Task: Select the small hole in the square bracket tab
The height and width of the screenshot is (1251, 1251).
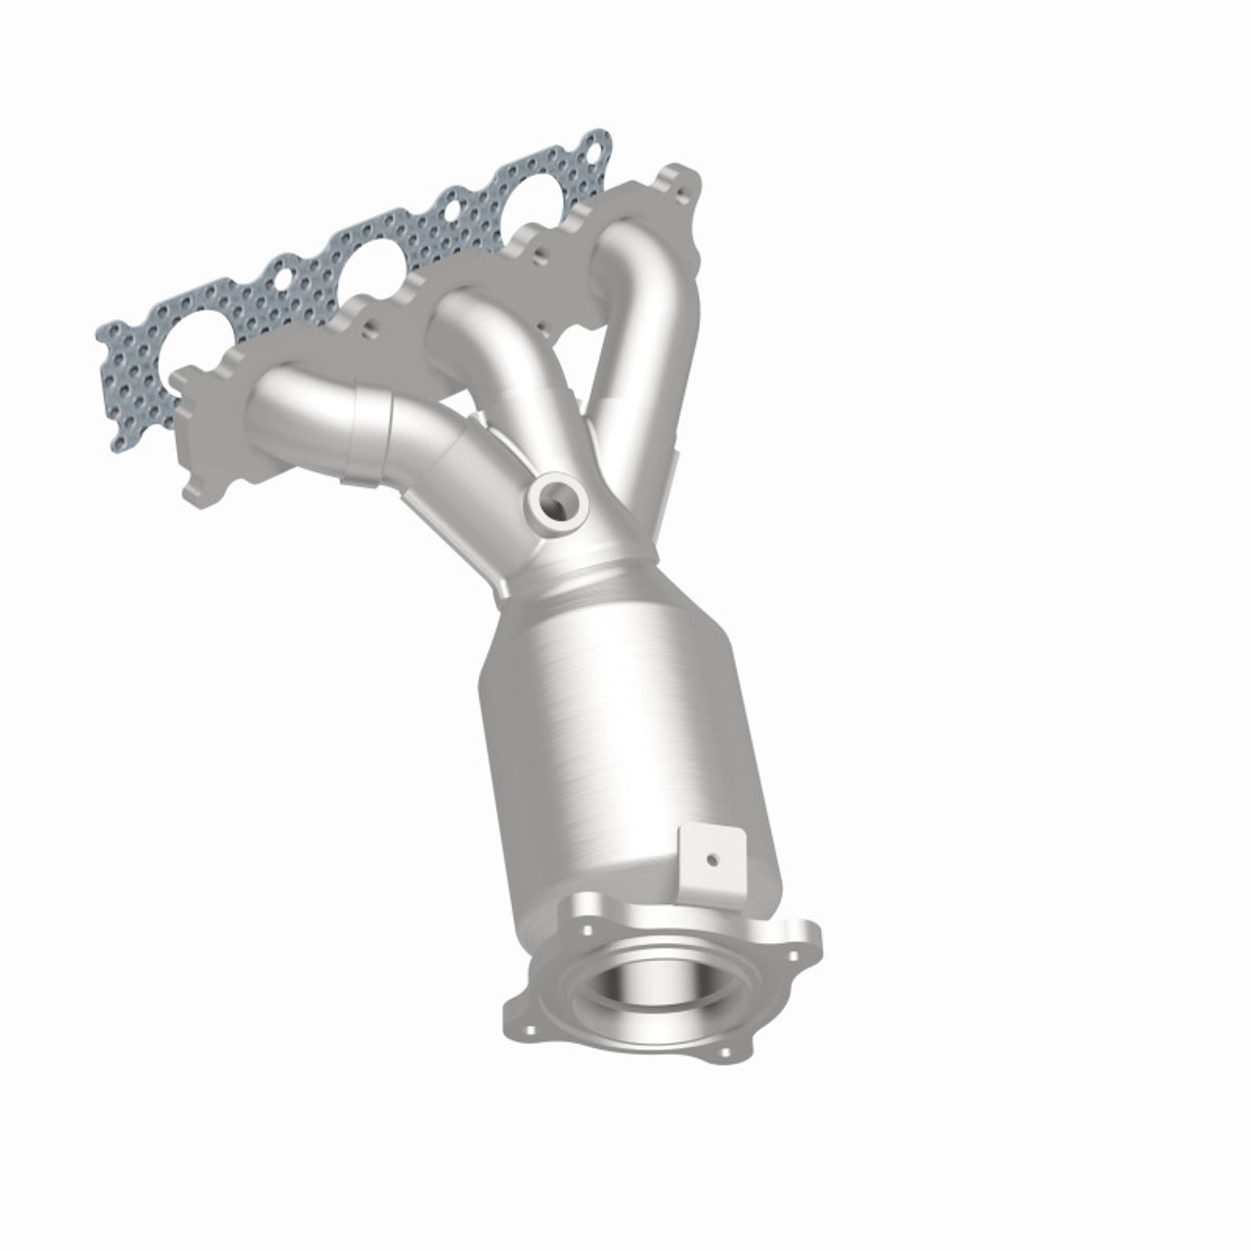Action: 713,860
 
